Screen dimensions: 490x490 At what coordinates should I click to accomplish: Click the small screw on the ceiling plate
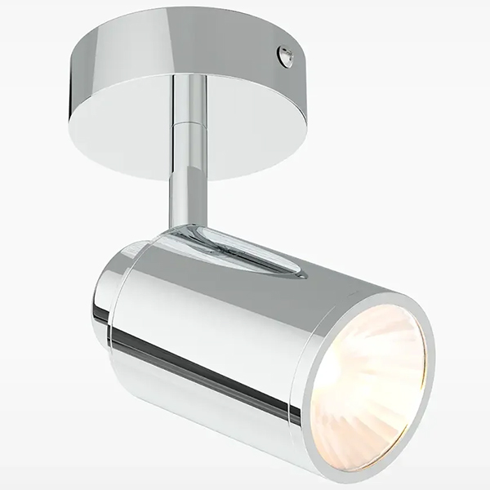pos(285,56)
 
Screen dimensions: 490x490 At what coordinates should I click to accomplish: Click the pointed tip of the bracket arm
pos(299,274)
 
